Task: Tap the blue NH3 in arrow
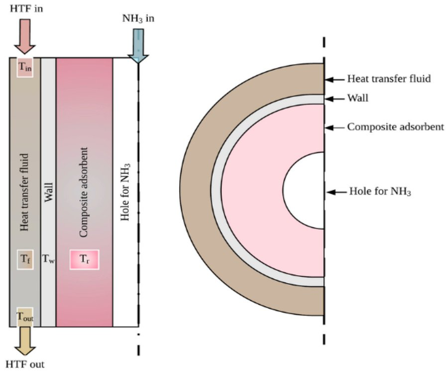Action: pos(138,45)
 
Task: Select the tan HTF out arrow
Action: pos(24,340)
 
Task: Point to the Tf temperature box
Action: pos(25,259)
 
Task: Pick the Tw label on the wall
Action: pos(48,259)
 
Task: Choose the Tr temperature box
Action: pos(84,259)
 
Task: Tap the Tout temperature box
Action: pos(25,317)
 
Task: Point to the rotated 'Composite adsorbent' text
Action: pos(84,192)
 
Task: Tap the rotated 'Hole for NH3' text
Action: pos(126,192)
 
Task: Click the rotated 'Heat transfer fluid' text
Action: pos(24,191)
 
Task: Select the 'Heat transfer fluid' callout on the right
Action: pos(388,79)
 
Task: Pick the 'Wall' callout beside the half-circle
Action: pos(357,99)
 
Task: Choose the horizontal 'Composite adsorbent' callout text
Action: pos(395,127)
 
